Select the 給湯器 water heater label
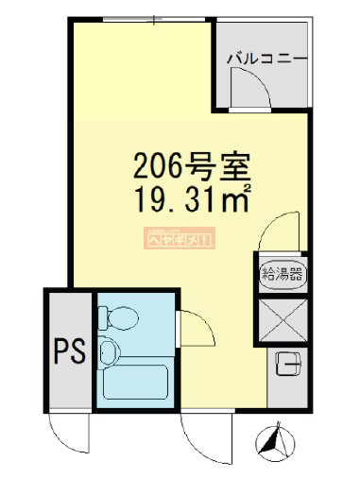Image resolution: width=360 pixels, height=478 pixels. pyautogui.click(x=282, y=275)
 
